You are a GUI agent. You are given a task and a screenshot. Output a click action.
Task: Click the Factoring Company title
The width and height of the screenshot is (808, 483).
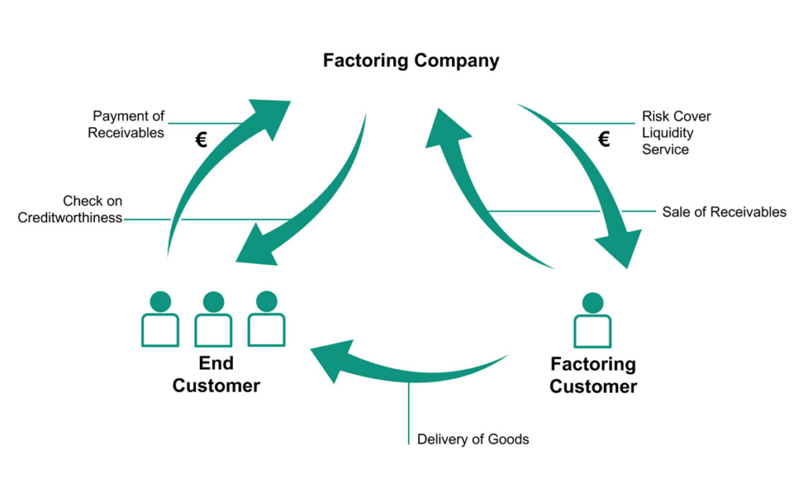411,60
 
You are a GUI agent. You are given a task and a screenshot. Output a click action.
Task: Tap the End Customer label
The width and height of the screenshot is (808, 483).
216,375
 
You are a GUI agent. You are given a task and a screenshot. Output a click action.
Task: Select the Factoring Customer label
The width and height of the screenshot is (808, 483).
593,375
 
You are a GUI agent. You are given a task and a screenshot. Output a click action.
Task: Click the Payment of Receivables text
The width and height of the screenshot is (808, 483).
126,124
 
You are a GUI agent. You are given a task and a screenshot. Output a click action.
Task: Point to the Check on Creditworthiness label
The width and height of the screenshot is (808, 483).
71,210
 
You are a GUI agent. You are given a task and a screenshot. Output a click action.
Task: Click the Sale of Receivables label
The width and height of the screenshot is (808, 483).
723,211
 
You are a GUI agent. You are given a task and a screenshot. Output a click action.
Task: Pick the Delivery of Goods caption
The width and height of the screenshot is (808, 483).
472,439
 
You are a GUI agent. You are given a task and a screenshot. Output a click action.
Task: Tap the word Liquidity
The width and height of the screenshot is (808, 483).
667,133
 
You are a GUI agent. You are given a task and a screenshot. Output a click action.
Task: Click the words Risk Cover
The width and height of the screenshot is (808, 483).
676,116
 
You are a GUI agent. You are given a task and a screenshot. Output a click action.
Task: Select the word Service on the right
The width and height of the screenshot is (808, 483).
664,149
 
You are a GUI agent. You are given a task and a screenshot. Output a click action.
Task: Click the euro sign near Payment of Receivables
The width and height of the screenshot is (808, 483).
201,141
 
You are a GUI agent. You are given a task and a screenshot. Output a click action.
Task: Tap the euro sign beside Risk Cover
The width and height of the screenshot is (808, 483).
603,140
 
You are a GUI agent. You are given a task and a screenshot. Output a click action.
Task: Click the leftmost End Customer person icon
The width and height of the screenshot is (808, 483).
160,320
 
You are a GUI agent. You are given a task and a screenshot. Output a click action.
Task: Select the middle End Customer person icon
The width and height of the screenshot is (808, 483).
213,320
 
